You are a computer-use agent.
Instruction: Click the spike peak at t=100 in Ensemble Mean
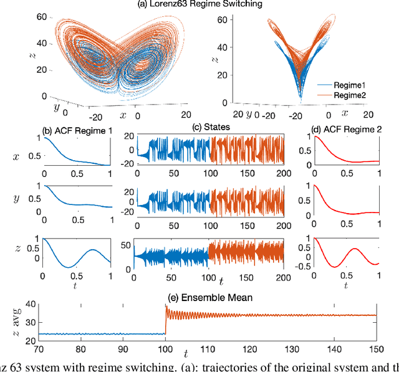click(x=165, y=307)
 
